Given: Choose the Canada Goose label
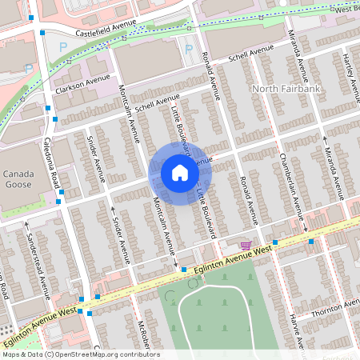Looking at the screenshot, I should (x=18, y=179).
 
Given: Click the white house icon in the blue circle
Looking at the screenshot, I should (x=179, y=173).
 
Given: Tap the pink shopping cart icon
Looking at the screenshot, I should (x=246, y=245).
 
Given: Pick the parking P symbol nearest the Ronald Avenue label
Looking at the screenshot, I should (x=189, y=50).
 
